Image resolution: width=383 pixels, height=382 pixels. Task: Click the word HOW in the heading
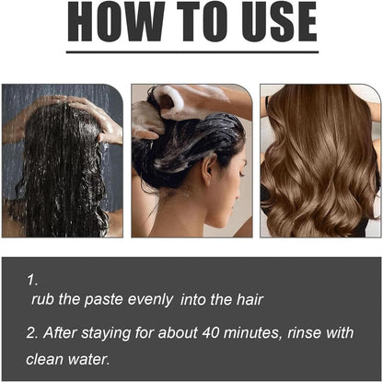click(116, 21)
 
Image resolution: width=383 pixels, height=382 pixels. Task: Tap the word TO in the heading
click(203, 21)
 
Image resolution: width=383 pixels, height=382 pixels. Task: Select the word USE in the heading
click(279, 21)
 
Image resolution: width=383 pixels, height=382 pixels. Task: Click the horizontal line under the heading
click(192, 52)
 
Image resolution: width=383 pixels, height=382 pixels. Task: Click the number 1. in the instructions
click(32, 280)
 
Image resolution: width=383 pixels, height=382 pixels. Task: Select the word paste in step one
click(103, 300)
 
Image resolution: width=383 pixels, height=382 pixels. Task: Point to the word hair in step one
click(250, 299)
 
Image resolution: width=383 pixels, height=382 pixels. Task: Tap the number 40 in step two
click(210, 332)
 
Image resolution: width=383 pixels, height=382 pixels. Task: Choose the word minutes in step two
click(253, 333)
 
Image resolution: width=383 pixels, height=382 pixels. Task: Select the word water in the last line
click(88, 359)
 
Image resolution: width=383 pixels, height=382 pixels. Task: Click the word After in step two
click(59, 332)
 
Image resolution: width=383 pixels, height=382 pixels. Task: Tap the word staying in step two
click(106, 333)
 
